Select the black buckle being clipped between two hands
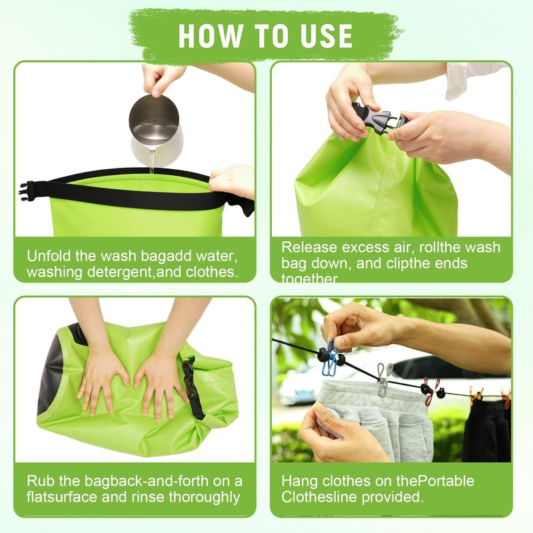click(373, 118)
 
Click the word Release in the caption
click(308, 247)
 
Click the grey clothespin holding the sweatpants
click(384, 378)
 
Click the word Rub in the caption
click(40, 481)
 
